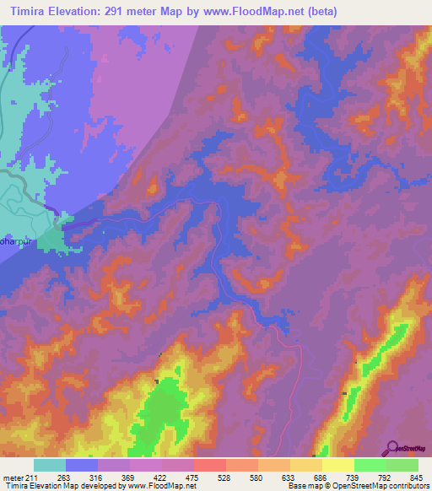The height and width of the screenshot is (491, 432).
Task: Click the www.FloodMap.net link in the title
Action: click(x=287, y=11)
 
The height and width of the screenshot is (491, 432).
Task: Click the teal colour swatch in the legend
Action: click(x=50, y=465)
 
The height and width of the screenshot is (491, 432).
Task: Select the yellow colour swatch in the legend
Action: click(x=338, y=465)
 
